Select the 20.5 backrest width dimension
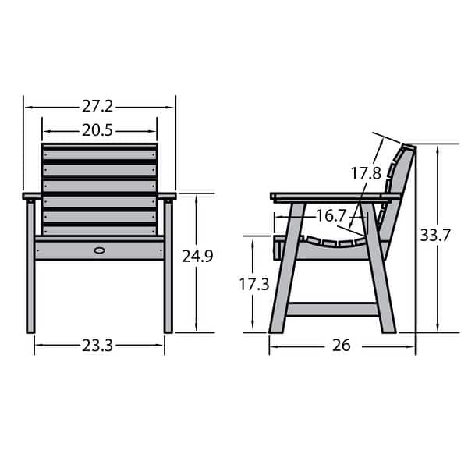(x=98, y=131)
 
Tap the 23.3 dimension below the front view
(x=98, y=345)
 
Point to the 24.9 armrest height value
(x=197, y=256)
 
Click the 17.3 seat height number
(x=254, y=285)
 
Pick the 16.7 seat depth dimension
(x=331, y=215)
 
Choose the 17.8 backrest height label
(x=366, y=173)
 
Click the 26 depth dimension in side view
(x=342, y=346)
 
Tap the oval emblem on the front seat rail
(x=99, y=250)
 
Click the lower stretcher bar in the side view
(x=331, y=310)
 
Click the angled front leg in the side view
(x=285, y=273)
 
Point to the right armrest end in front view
(x=169, y=196)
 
